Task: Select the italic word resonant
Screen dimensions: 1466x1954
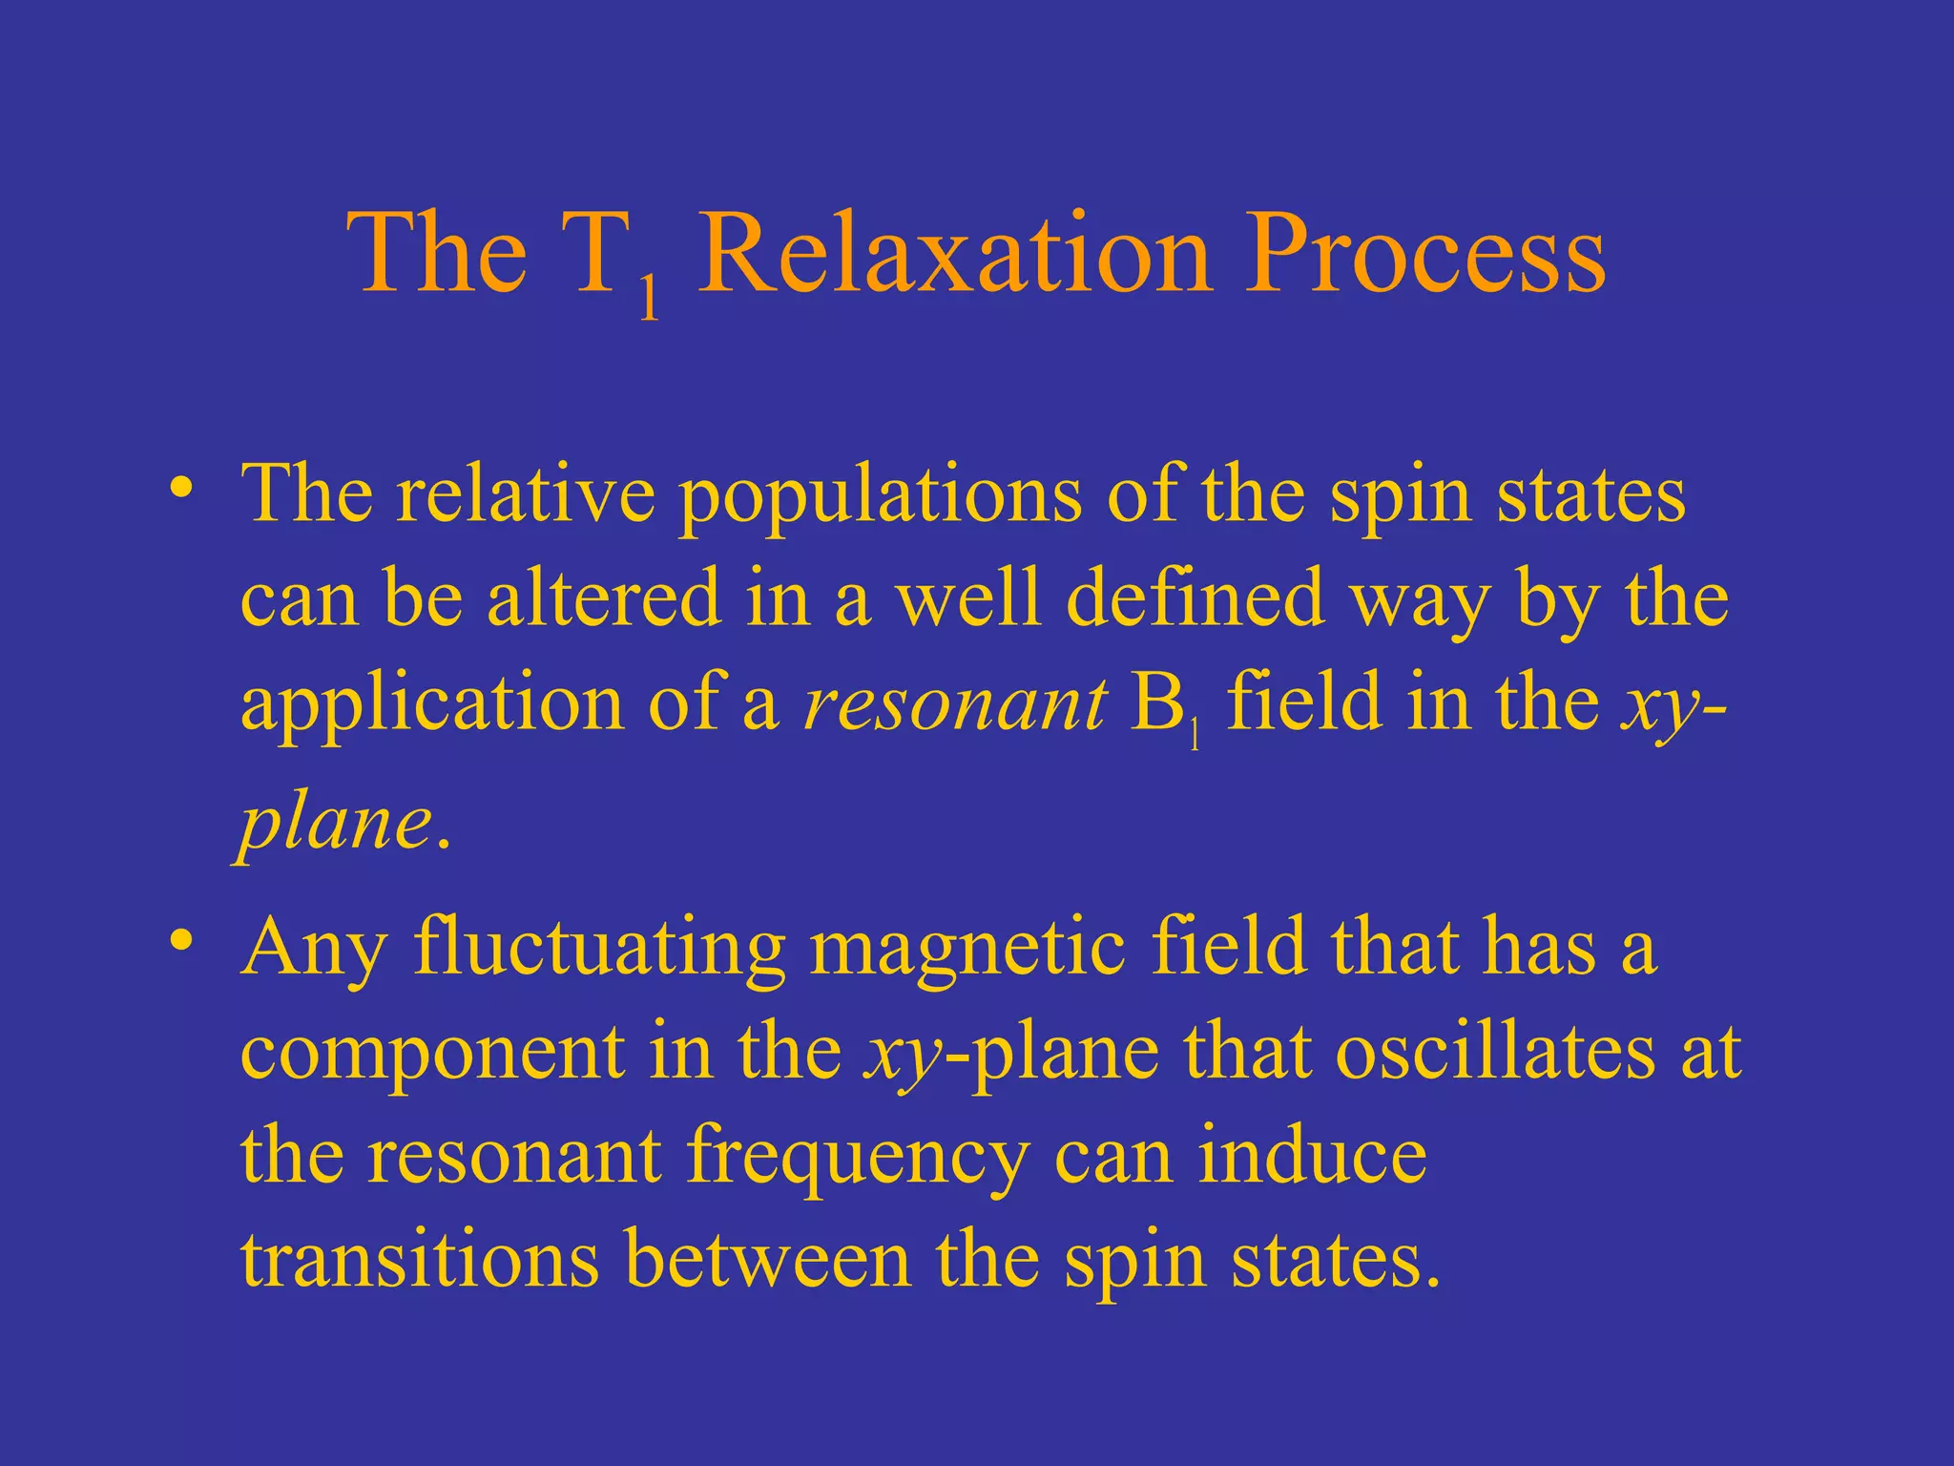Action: (955, 704)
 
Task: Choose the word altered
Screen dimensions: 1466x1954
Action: (603, 598)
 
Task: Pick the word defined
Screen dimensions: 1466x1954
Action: (1195, 598)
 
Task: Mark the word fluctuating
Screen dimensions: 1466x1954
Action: (600, 949)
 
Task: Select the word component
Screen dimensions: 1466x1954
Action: (431, 1055)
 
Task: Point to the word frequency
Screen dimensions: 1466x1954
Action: (858, 1158)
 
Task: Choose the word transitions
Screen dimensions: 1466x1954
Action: (420, 1259)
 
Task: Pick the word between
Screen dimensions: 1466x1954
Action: (767, 1259)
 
